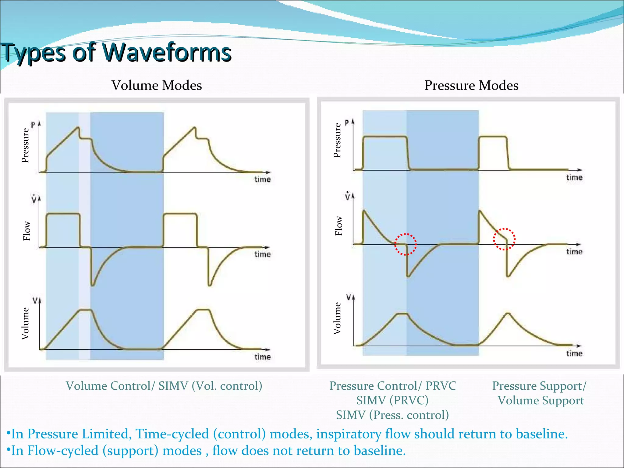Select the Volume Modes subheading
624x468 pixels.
point(157,85)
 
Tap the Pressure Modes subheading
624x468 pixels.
point(471,85)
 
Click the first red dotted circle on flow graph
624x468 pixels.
point(406,244)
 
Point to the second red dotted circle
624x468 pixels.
point(504,239)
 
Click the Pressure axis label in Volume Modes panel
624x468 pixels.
point(25,145)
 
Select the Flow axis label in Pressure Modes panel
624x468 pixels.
point(339,226)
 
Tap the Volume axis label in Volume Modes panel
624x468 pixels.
point(25,323)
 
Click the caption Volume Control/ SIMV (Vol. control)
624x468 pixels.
point(164,386)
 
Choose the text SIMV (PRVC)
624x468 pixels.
point(392,400)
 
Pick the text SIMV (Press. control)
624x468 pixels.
point(392,415)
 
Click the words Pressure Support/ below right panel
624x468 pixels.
point(539,386)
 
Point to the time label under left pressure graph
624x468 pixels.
point(262,179)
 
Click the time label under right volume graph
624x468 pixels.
point(574,353)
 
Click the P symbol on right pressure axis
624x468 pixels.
point(346,123)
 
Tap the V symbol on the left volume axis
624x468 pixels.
point(35,301)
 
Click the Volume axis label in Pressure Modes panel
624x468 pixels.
point(337,318)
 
